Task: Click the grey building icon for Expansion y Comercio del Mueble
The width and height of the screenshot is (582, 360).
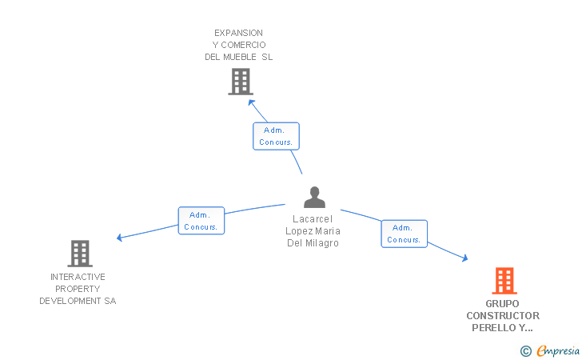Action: coord(240,82)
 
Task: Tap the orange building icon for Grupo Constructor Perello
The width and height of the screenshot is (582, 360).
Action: coord(504,281)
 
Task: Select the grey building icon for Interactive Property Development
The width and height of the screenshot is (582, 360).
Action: coord(79,254)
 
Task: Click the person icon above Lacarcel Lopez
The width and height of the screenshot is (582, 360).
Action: coord(315,198)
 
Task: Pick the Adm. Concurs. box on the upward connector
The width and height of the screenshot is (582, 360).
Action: coord(276,136)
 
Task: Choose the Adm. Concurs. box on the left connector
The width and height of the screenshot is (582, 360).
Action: coord(201,221)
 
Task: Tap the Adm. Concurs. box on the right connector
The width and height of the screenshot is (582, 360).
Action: coord(404,234)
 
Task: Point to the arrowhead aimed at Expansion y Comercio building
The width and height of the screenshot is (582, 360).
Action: coord(251,102)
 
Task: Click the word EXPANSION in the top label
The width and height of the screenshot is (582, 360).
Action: coord(238,33)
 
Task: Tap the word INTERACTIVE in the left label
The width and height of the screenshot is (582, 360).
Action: coord(78,277)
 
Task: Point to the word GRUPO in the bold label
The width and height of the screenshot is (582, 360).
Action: coord(503,304)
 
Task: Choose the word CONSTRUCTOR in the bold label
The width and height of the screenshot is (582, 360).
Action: coord(503,316)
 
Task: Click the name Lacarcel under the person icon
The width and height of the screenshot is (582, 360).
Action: coord(313,219)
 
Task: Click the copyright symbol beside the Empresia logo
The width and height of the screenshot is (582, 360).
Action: coord(525,350)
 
